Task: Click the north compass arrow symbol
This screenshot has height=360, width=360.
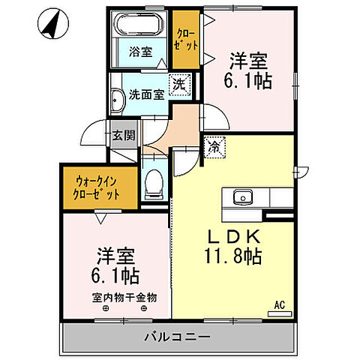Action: point(52,25)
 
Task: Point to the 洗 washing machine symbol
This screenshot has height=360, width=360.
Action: point(179,84)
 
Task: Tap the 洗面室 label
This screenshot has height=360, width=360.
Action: point(146,95)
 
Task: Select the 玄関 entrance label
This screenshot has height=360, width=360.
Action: point(124,136)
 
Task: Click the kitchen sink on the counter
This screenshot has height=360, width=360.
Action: point(241,198)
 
